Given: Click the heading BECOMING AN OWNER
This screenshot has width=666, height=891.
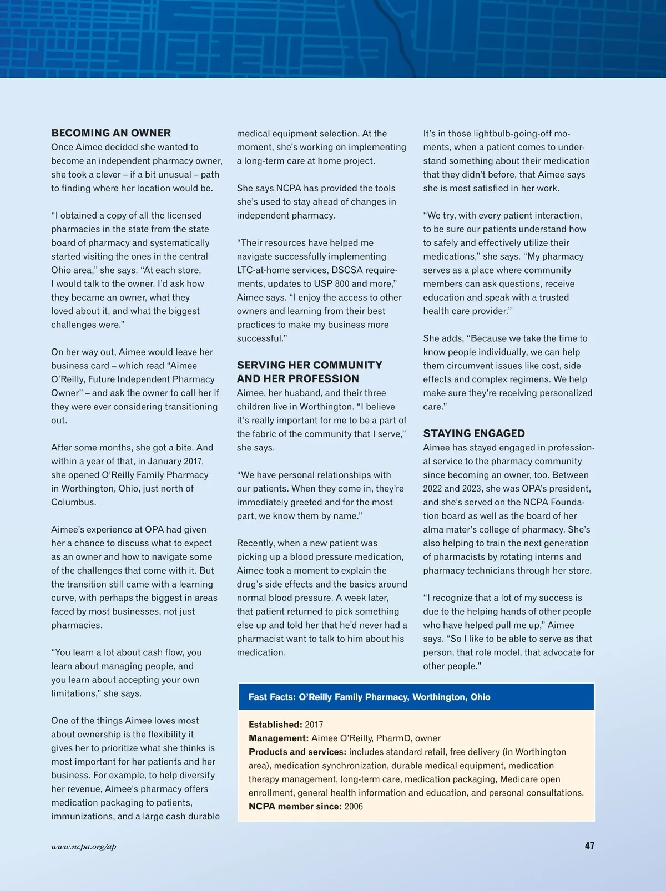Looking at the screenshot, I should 111,133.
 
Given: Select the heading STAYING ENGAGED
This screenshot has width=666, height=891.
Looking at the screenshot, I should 474,433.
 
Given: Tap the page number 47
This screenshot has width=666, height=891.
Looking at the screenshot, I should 589,846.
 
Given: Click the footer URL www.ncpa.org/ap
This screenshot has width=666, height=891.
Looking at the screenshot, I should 84,847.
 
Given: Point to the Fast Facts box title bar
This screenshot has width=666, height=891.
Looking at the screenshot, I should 416,697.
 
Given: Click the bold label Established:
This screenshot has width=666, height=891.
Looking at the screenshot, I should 275,725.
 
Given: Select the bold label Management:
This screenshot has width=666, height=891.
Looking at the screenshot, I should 279,738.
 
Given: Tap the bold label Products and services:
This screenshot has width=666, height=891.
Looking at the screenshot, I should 297,752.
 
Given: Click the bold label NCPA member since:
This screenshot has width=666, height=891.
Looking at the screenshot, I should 295,806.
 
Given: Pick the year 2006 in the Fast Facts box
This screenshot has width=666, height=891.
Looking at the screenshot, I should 354,806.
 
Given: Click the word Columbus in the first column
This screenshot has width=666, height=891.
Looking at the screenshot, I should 73,502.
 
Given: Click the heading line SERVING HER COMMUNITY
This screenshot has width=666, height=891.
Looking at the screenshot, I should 309,365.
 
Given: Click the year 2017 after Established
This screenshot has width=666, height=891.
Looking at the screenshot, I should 314,725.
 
